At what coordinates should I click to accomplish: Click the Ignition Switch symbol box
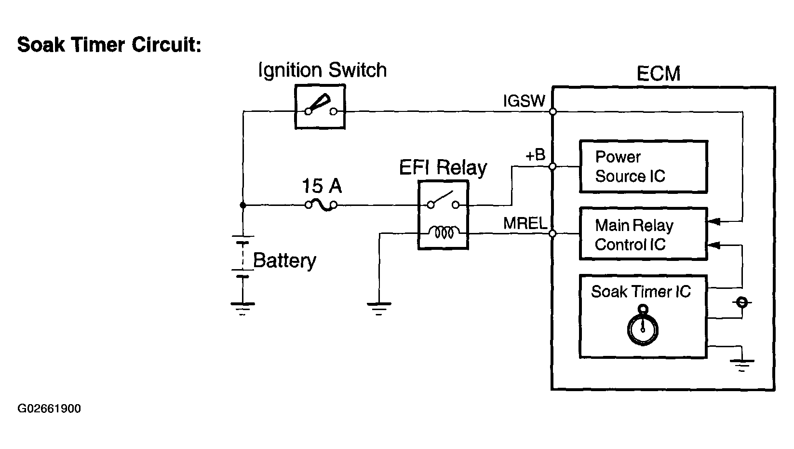[320, 107]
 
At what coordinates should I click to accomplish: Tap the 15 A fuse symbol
[321, 205]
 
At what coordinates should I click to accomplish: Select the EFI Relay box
[443, 215]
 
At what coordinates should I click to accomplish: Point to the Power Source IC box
[643, 167]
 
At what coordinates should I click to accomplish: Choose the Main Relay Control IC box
[643, 234]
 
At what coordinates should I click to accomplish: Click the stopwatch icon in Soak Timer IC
[643, 327]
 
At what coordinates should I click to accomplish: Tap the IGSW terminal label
[524, 101]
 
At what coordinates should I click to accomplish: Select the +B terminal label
[535, 155]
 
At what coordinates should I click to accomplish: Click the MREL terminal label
[525, 223]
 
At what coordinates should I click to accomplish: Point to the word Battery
[284, 260]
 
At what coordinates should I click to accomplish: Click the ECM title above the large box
[658, 74]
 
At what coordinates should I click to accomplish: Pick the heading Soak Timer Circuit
[109, 45]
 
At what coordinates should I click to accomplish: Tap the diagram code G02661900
[49, 409]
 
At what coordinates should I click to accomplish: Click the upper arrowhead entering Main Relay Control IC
[714, 222]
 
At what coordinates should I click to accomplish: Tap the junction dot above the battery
[243, 205]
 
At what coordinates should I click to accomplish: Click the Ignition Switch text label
[323, 70]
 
